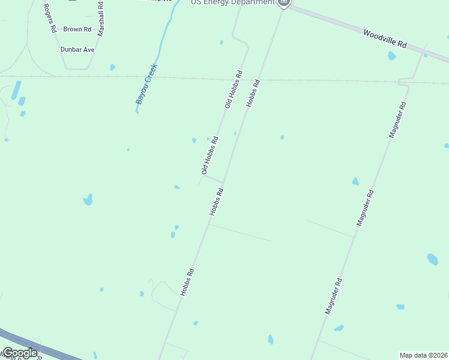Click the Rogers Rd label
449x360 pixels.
(49, 19)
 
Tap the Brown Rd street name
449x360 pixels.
(77, 29)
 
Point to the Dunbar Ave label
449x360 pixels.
(77, 49)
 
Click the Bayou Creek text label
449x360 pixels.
(146, 84)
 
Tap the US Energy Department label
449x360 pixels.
(233, 3)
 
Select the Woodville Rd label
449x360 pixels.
(385, 40)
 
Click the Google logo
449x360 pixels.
(19, 353)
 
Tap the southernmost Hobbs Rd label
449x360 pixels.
(187, 281)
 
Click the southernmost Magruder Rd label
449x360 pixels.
(333, 296)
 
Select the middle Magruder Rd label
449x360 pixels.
(366, 208)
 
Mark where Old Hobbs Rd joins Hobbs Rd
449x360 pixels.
(223, 182)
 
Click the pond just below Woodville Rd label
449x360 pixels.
(392, 56)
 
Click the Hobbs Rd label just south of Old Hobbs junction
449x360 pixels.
(216, 202)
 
